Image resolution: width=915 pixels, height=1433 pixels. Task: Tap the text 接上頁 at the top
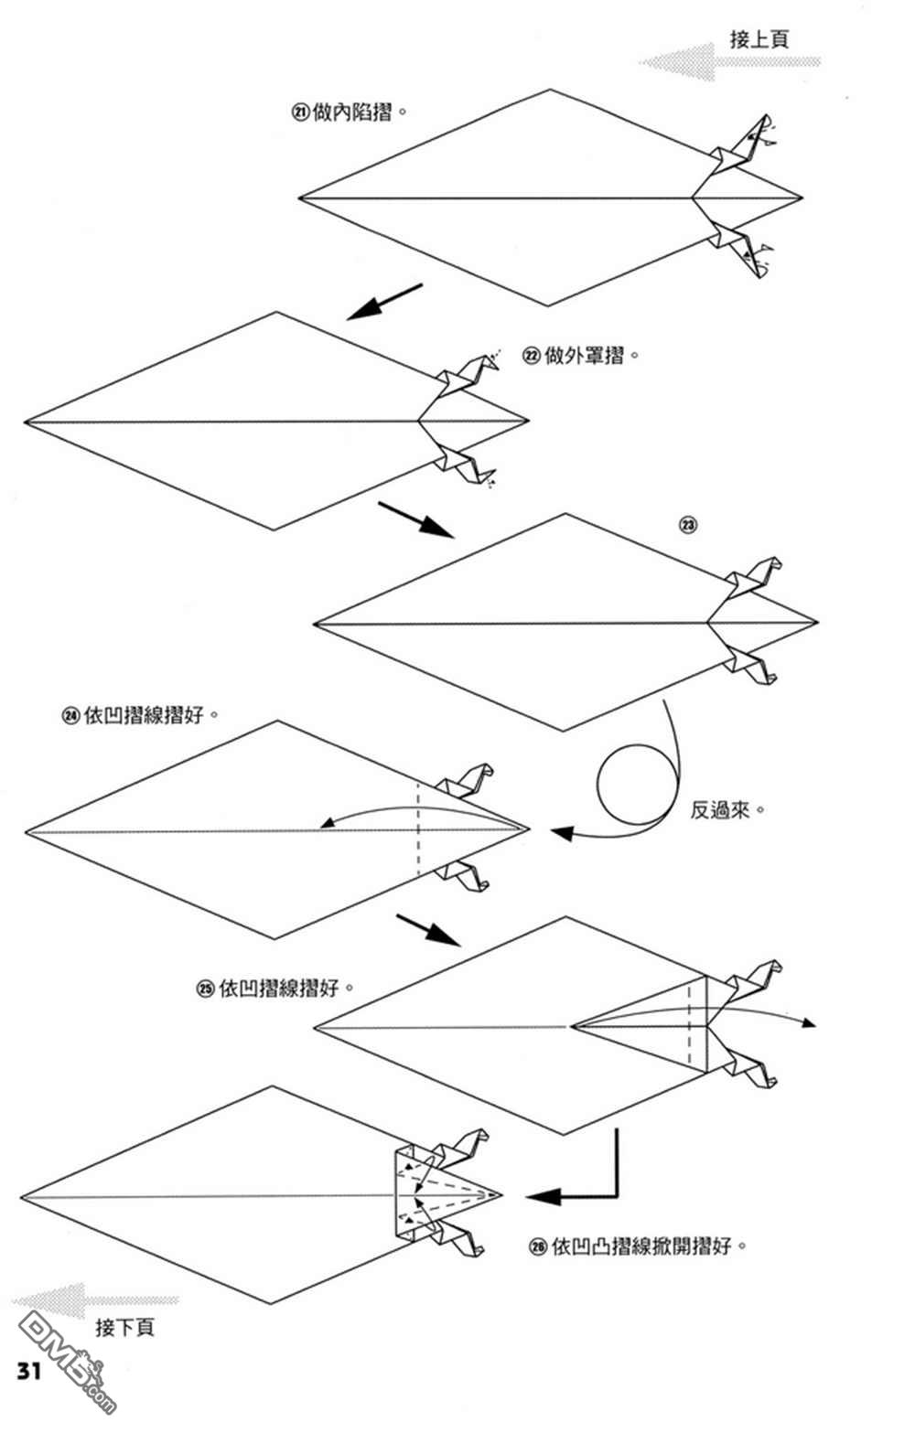[x=759, y=39]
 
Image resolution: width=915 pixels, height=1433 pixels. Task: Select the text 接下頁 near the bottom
[x=124, y=1327]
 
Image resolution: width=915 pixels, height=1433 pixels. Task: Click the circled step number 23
[x=687, y=525]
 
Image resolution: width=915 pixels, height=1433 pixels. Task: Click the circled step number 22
[x=532, y=356]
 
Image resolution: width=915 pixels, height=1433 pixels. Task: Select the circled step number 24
[x=70, y=716]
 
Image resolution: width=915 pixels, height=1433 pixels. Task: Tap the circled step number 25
[x=206, y=989]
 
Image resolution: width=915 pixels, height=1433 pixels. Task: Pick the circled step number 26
[x=538, y=1246]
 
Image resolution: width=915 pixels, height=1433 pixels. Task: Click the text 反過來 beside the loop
[x=722, y=810]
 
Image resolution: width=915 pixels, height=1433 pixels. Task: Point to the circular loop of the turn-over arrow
[x=639, y=785]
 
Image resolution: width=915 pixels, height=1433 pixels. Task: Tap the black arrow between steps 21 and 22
[x=384, y=302]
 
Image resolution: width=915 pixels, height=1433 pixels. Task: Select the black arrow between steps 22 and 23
[x=416, y=519]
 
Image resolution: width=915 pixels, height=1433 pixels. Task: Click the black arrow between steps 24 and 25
[x=428, y=929]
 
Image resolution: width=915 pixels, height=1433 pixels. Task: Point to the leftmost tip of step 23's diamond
[x=316, y=626]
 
